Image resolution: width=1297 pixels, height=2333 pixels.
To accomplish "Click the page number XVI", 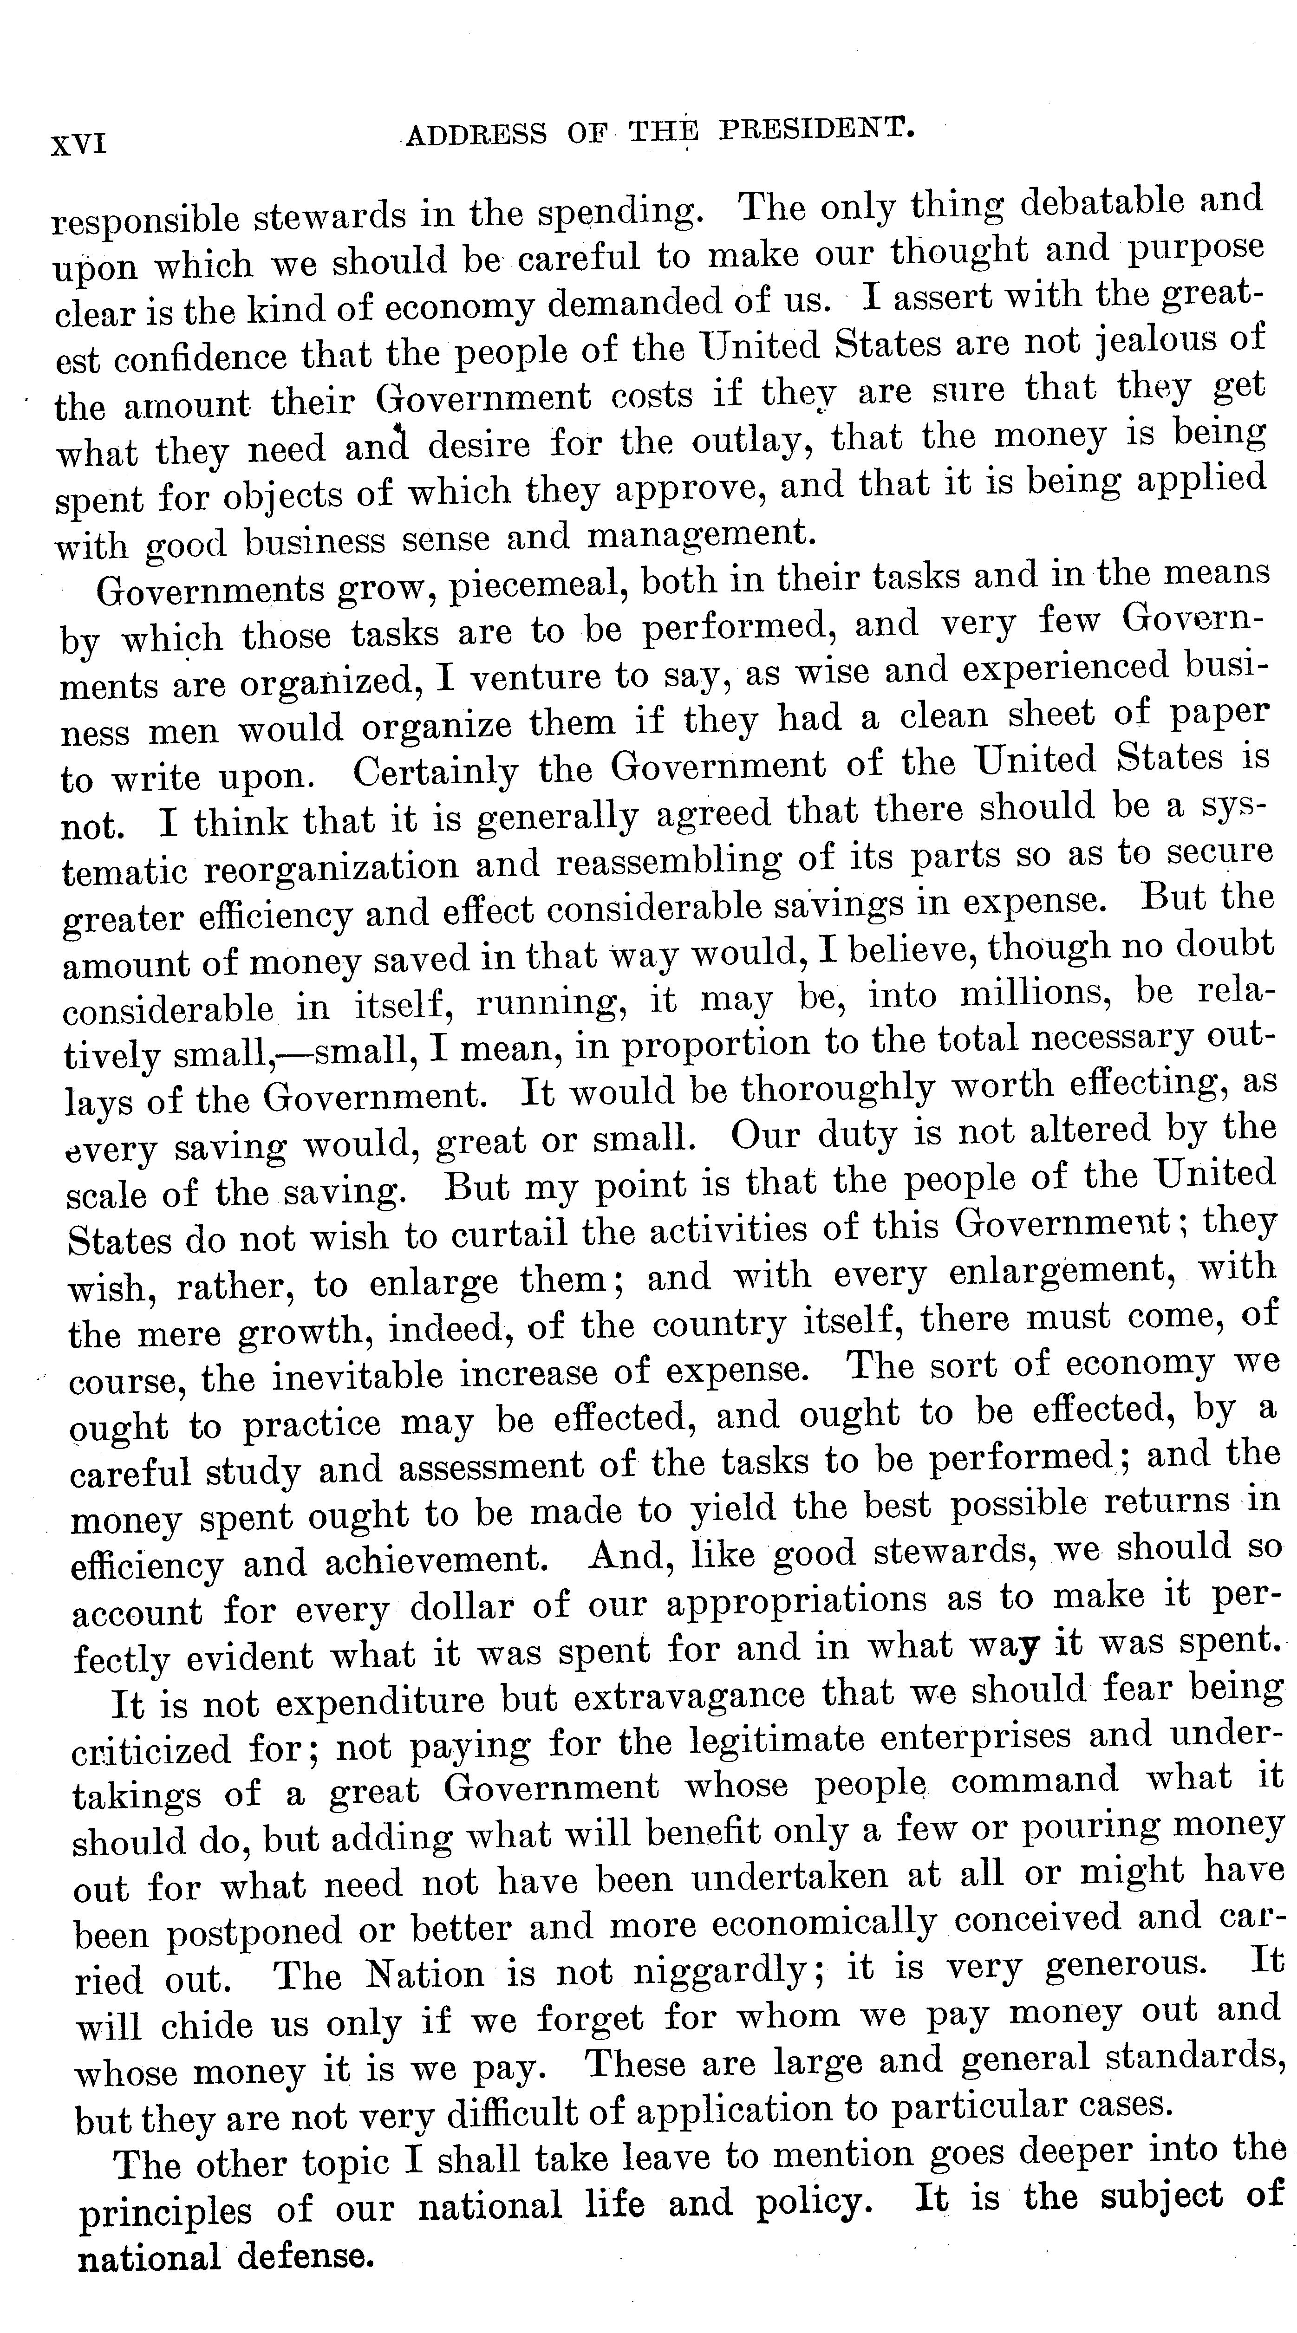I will (x=79, y=143).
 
